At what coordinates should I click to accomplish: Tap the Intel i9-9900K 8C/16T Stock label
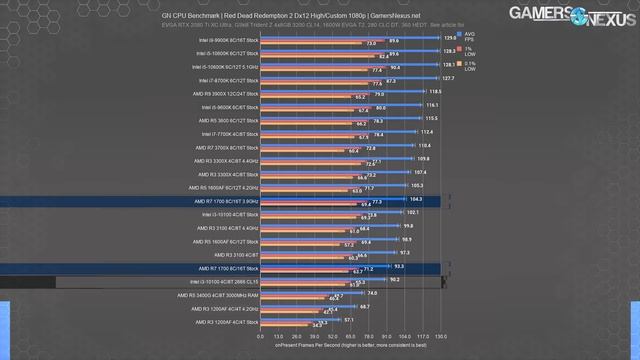coord(228,39)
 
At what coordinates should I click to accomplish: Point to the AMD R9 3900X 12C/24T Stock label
coord(228,92)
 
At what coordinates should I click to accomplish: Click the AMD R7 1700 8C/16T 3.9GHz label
coord(225,201)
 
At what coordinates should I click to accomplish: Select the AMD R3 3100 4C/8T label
coord(237,254)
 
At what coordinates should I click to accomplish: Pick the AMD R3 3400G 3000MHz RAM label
coord(222,295)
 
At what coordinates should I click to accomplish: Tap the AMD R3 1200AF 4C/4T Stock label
coord(226,322)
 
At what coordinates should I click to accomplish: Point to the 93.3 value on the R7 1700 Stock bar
coord(400,265)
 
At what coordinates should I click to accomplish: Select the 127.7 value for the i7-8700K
coord(448,76)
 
